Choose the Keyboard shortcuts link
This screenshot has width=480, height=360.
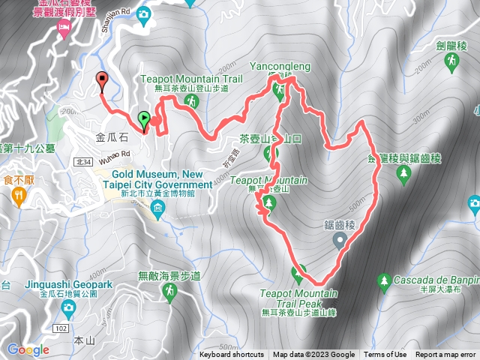pos(232,355)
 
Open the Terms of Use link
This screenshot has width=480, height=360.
pos(385,355)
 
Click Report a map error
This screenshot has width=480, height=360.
pos(446,355)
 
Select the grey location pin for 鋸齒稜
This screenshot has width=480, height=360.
pos(339,241)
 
